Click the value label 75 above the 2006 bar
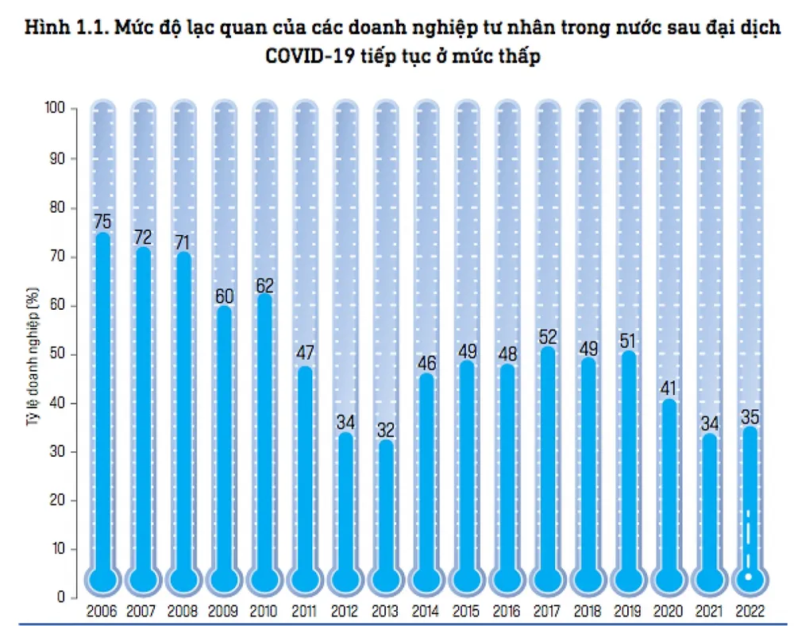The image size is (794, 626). point(102,221)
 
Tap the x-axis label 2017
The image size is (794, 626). point(547,612)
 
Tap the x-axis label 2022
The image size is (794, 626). point(750,612)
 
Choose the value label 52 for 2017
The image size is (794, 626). point(548,335)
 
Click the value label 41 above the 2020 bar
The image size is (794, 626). point(669,388)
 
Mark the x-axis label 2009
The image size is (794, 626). point(224,612)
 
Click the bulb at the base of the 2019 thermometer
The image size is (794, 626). point(629,578)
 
